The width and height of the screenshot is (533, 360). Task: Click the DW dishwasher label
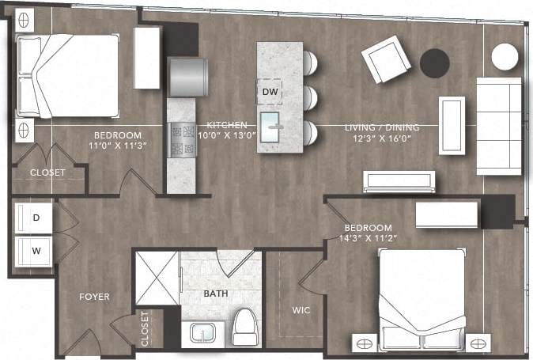point(270,93)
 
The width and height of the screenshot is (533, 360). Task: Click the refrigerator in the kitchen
point(188,75)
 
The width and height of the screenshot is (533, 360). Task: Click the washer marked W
point(35,252)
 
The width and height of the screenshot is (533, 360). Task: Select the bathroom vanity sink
point(202,334)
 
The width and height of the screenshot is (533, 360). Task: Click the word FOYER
point(93,297)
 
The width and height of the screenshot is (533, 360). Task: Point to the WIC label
point(301,310)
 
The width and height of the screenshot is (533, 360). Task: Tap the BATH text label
point(216,294)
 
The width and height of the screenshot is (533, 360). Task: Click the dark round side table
point(434,63)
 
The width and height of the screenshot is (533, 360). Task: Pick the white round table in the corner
point(505,56)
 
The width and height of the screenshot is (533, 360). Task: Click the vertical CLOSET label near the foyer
point(145,328)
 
